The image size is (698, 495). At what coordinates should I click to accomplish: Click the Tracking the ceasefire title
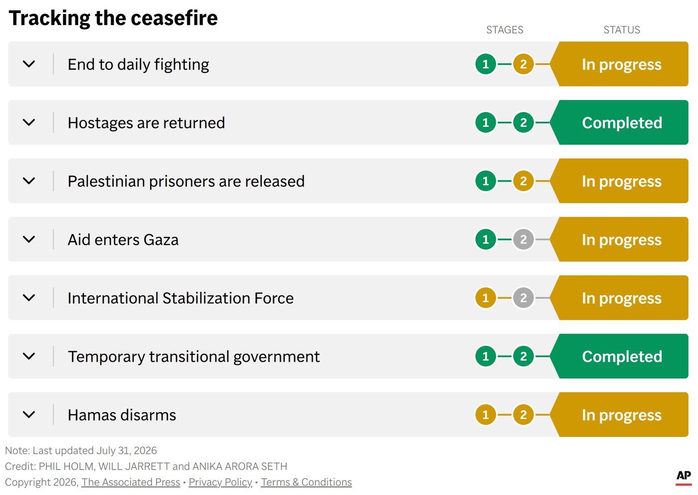point(113,18)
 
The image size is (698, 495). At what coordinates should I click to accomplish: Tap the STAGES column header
point(505,30)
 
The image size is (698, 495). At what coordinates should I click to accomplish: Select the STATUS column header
point(622,30)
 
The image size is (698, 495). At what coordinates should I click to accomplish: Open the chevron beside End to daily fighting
point(29,64)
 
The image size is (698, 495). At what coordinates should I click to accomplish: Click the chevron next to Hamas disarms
point(29,415)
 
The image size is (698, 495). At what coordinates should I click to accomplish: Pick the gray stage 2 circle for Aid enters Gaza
point(523,239)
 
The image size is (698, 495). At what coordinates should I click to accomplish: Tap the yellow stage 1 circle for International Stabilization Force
point(486,297)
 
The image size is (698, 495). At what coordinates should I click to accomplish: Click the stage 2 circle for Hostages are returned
point(523,122)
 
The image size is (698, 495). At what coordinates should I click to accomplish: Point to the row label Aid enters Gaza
point(123,240)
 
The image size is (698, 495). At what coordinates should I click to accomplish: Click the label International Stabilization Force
point(180,298)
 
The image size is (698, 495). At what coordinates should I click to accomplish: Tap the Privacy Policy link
point(220,482)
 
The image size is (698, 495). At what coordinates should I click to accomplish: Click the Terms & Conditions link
point(306,482)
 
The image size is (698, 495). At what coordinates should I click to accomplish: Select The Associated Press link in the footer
point(131,482)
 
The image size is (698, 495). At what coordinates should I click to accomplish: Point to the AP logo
point(684,477)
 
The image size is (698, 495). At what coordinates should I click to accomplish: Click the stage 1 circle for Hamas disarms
point(486,415)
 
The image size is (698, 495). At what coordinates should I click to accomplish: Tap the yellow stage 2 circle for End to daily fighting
point(523,64)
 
